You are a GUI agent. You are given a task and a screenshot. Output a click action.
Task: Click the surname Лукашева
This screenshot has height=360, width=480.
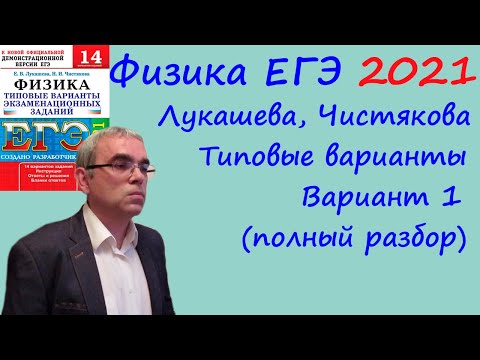(x=234, y=123)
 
